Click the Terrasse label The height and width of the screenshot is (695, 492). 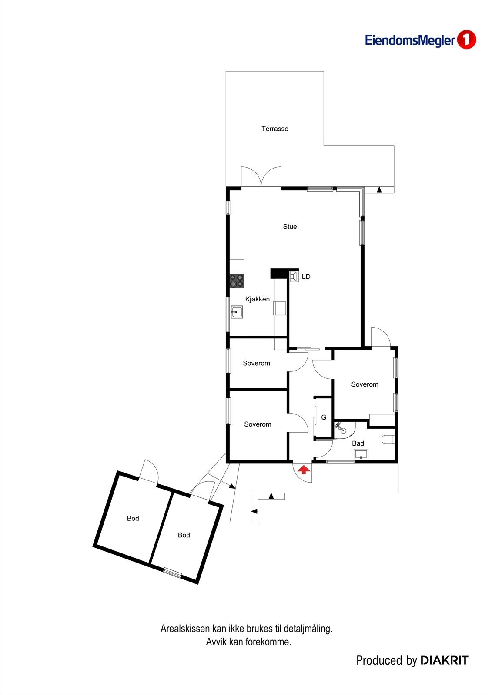(274, 129)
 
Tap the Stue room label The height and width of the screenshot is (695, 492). (290, 226)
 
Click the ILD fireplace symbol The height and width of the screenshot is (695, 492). (294, 277)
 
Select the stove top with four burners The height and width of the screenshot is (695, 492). (237, 281)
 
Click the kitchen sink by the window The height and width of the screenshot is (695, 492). (237, 311)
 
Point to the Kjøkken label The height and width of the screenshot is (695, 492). (257, 299)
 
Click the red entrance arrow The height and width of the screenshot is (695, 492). (303, 469)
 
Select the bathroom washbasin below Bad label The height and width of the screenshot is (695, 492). (361, 455)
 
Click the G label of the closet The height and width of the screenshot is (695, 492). (324, 417)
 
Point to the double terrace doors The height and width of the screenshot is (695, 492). (261, 177)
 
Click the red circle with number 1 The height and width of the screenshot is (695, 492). (466, 40)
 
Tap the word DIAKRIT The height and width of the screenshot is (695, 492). (444, 661)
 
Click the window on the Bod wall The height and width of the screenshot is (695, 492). (172, 573)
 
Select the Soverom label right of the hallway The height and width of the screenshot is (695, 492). (365, 384)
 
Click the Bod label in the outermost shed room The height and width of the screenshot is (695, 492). (133, 518)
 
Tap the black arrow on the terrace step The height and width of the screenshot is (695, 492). (379, 190)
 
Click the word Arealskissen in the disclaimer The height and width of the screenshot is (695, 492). (185, 629)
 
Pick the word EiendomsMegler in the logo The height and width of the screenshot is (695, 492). (409, 41)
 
